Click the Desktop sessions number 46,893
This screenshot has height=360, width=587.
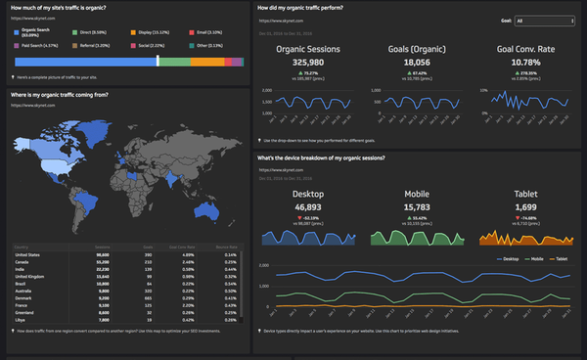click(x=307, y=207)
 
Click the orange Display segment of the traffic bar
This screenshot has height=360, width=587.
click(x=206, y=62)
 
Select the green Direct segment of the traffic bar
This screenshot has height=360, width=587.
click(x=174, y=62)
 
